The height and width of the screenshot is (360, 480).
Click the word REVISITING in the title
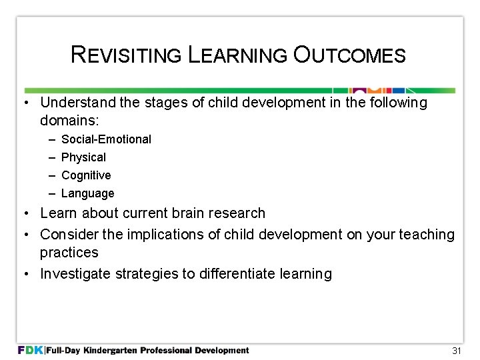pyautogui.click(x=125, y=55)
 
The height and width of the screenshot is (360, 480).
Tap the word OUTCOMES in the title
pyautogui.click(x=348, y=55)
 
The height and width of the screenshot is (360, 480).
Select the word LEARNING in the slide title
pyautogui.click(x=236, y=55)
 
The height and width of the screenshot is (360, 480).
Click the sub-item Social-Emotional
pyautogui.click(x=106, y=139)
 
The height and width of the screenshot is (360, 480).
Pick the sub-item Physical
pyautogui.click(x=83, y=157)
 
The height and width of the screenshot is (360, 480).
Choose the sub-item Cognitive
pyautogui.click(x=86, y=175)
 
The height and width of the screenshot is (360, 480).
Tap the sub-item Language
pyautogui.click(x=87, y=193)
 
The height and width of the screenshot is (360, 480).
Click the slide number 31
pyautogui.click(x=457, y=351)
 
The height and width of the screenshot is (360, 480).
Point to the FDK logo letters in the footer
pyautogui.click(x=31, y=350)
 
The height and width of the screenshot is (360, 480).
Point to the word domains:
pyautogui.click(x=69, y=121)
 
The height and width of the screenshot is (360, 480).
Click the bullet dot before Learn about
pyautogui.click(x=24, y=213)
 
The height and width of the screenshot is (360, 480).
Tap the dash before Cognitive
pyautogui.click(x=52, y=175)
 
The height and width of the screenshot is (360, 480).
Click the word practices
pyautogui.click(x=69, y=253)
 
